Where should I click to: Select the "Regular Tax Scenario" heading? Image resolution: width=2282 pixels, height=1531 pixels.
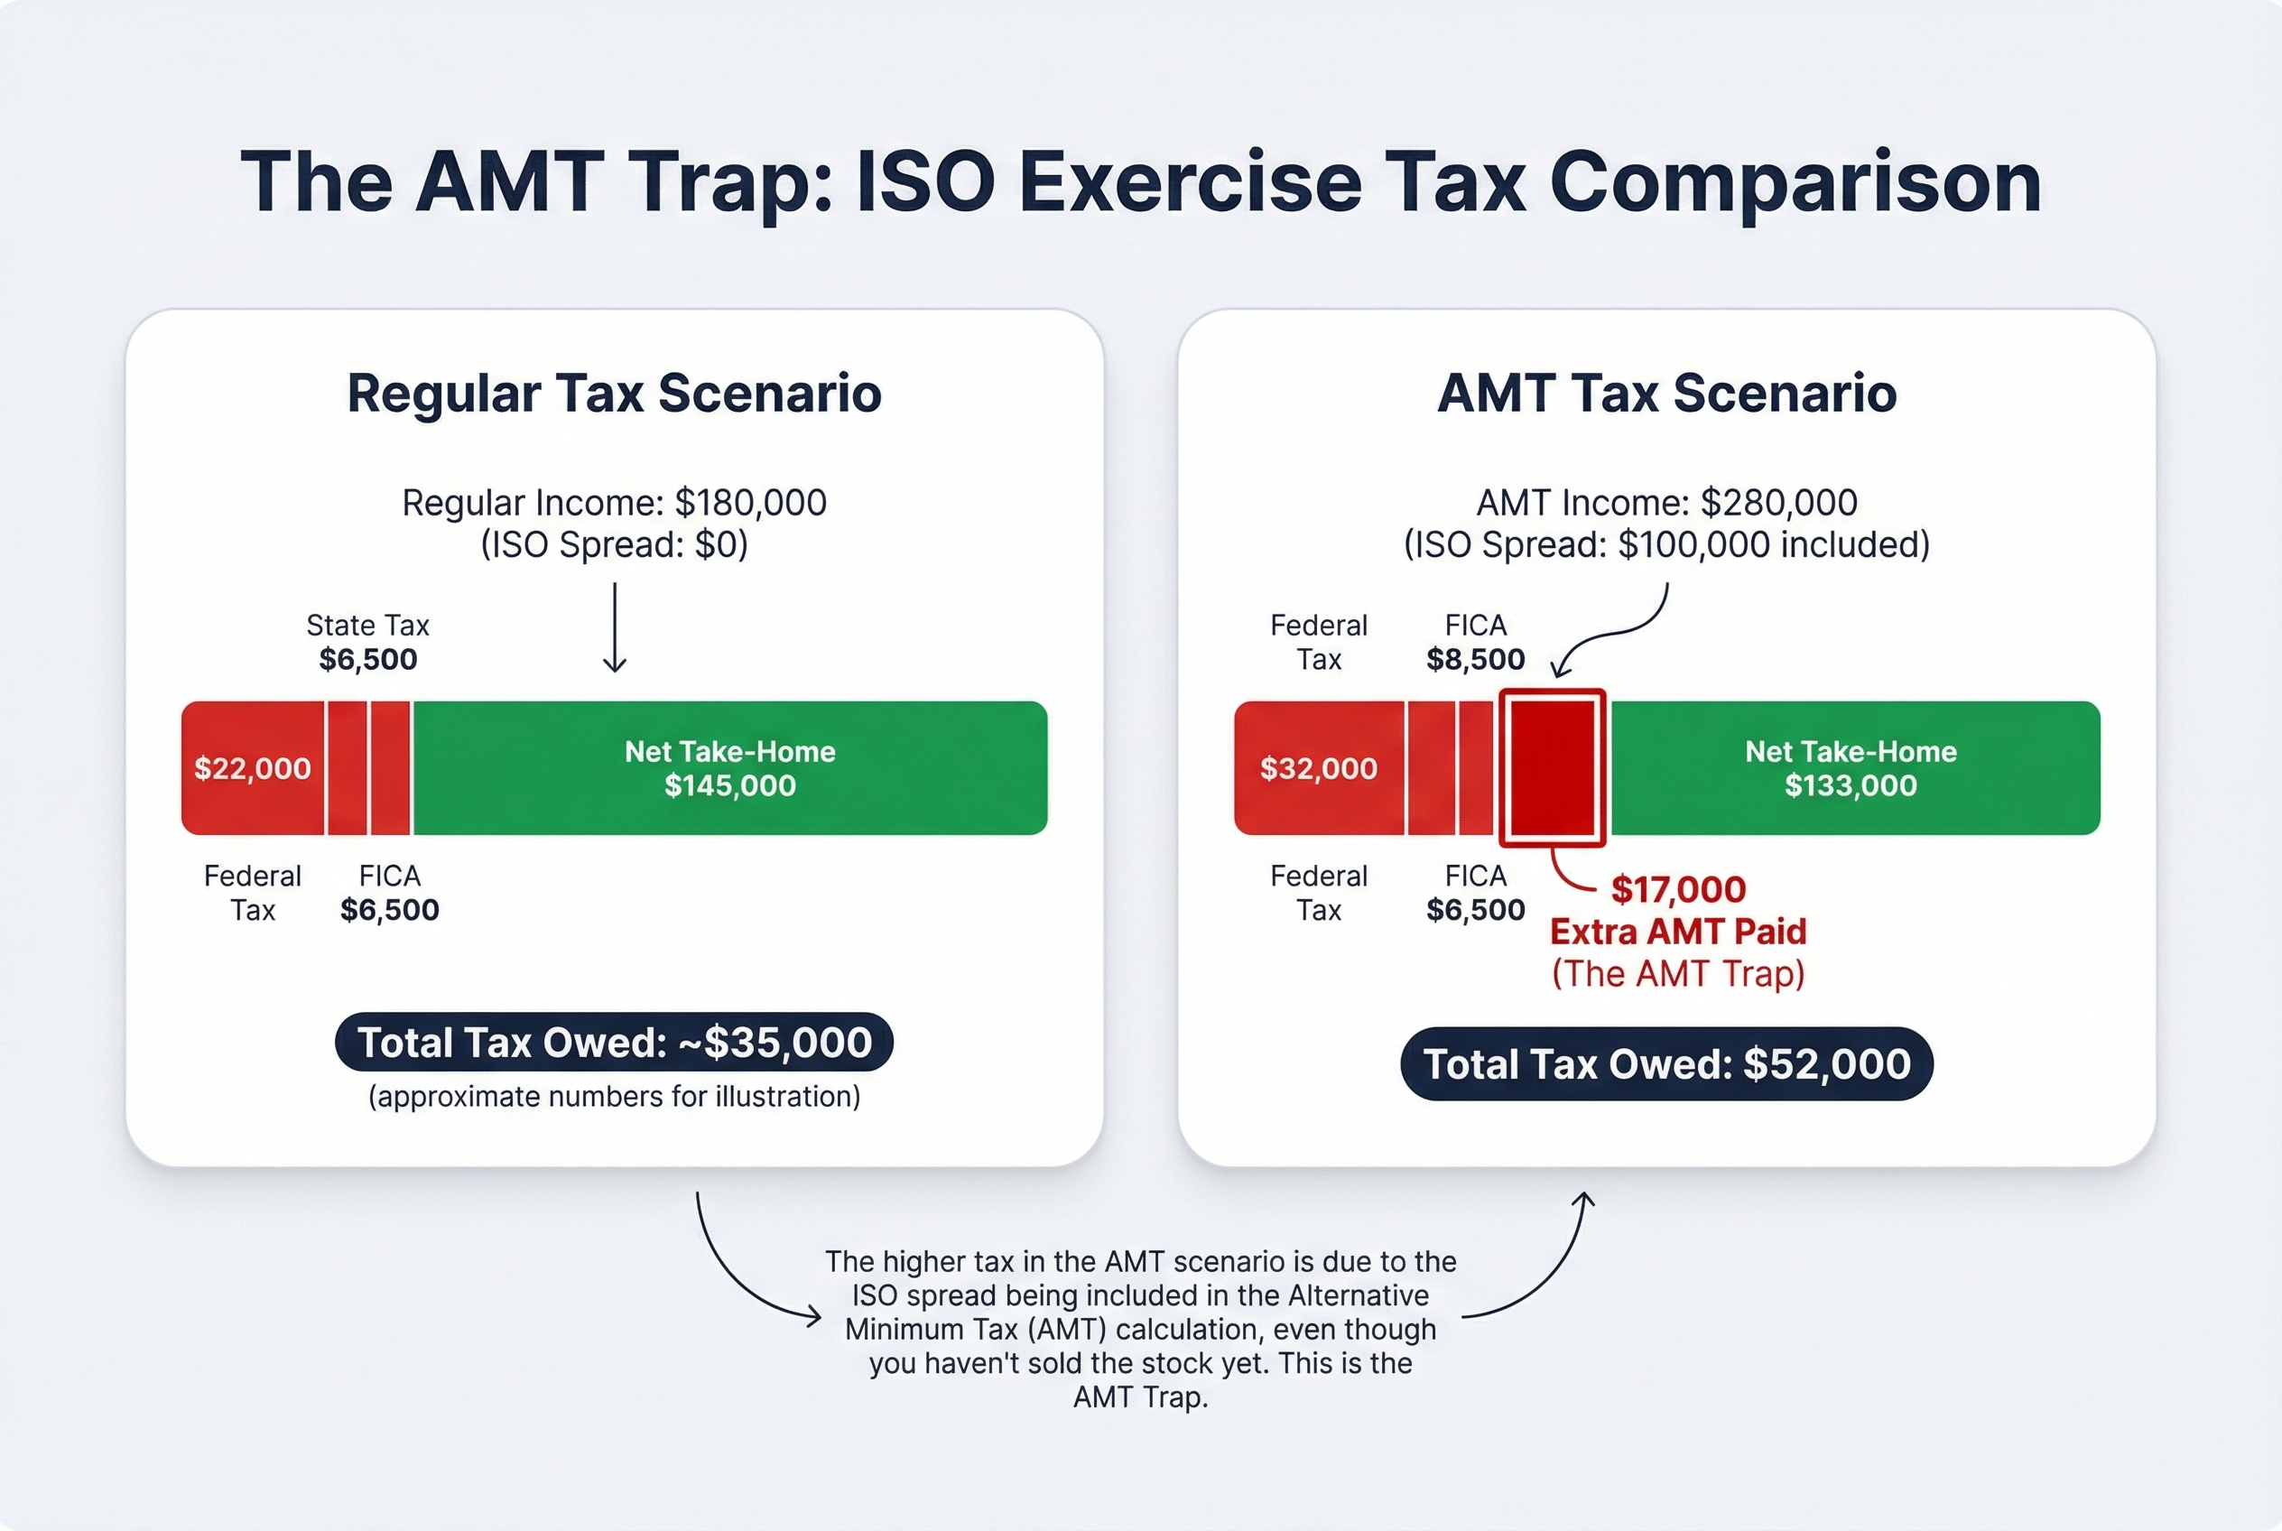click(614, 394)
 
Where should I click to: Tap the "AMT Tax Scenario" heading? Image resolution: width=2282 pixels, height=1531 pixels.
click(1667, 394)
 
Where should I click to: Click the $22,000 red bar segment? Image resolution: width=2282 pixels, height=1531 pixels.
click(252, 768)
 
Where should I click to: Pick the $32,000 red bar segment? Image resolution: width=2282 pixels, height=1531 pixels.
click(1318, 768)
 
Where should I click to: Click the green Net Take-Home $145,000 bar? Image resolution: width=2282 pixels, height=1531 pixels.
click(729, 768)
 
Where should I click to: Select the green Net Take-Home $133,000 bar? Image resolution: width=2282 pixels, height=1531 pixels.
click(1851, 768)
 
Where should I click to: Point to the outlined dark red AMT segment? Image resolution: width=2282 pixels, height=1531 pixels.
click(1553, 768)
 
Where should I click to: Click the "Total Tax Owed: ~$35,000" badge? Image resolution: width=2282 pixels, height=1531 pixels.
click(614, 1043)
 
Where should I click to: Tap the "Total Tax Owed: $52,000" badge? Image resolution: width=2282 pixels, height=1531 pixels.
click(1667, 1063)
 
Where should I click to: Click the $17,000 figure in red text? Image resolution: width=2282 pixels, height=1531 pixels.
click(1677, 889)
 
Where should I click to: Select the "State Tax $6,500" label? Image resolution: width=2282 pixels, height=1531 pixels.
click(368, 643)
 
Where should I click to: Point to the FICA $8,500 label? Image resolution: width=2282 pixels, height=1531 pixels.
click(1474, 643)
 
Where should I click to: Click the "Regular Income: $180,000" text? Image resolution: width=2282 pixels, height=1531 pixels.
click(614, 503)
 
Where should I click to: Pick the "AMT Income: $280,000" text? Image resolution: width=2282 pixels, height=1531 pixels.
click(1667, 503)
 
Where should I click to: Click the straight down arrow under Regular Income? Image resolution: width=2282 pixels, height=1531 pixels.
click(614, 627)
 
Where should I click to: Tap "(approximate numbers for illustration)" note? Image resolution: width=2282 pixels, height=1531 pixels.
click(614, 1097)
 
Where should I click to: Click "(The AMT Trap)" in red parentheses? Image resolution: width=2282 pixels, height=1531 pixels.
click(1677, 973)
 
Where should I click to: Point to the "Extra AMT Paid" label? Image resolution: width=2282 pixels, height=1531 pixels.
click(1677, 932)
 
